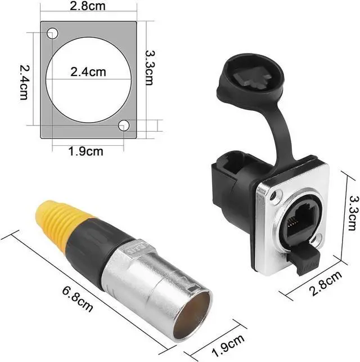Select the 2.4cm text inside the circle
point(88,73)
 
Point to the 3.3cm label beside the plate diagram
point(150,66)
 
